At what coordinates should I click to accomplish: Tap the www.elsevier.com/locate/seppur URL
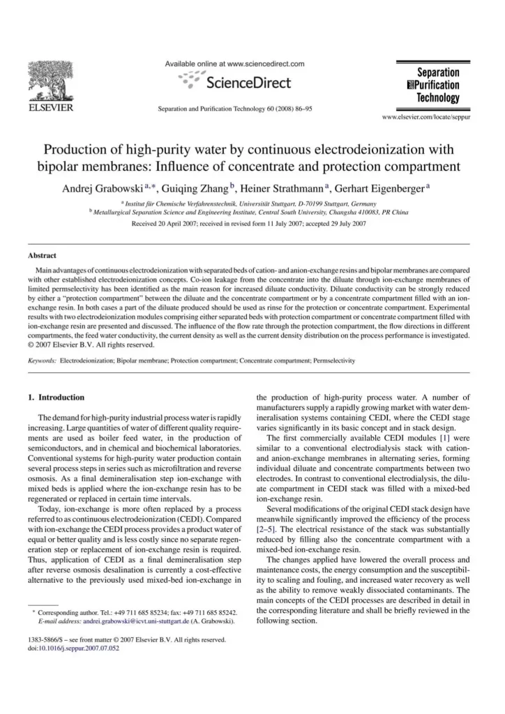(x=427, y=117)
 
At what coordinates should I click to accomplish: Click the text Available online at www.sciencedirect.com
(x=235, y=63)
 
